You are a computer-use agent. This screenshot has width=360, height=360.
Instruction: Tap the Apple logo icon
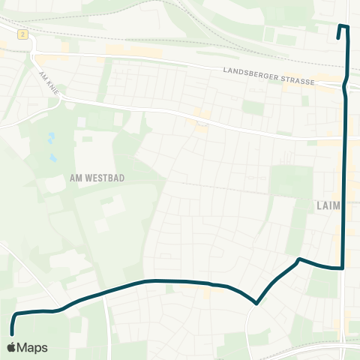(12, 347)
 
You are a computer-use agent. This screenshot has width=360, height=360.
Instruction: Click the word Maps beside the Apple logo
(33, 347)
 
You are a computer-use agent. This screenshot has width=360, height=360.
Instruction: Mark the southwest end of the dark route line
(12, 333)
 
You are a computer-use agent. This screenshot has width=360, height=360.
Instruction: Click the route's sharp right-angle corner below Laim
(343, 268)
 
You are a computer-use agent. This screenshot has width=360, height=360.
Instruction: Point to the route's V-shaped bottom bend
(257, 304)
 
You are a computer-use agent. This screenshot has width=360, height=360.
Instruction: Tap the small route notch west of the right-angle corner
(299, 259)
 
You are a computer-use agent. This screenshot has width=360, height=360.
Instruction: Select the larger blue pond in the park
(51, 138)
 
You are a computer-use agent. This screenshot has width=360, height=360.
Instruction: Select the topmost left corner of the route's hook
(340, 26)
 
